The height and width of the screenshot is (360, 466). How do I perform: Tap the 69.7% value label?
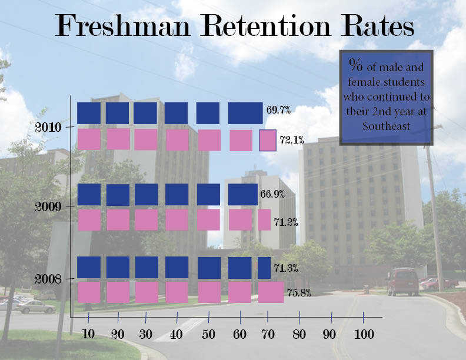coord(278,110)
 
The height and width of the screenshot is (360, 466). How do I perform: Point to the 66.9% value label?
coord(272,194)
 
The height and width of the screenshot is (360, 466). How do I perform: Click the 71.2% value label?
coord(285,222)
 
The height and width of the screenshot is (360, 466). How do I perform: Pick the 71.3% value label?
coord(285,268)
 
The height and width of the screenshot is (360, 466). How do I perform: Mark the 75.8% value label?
coord(298,292)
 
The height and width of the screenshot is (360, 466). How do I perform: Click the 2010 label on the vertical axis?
coord(46,126)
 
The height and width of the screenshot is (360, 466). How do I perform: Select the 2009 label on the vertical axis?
coord(46,206)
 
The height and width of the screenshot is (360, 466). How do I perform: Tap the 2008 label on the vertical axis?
coord(46,278)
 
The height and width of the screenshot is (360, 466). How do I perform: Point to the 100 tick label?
coord(364,335)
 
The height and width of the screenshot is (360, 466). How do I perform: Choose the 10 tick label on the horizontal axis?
coord(88,335)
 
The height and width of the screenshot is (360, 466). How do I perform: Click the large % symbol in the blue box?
coord(355,64)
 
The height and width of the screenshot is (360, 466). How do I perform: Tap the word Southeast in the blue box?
coord(386,125)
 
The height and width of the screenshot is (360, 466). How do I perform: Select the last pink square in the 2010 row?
coord(268,141)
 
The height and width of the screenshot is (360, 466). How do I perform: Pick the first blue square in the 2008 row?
coord(89,267)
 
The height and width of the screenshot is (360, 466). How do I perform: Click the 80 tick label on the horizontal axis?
coord(300,335)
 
